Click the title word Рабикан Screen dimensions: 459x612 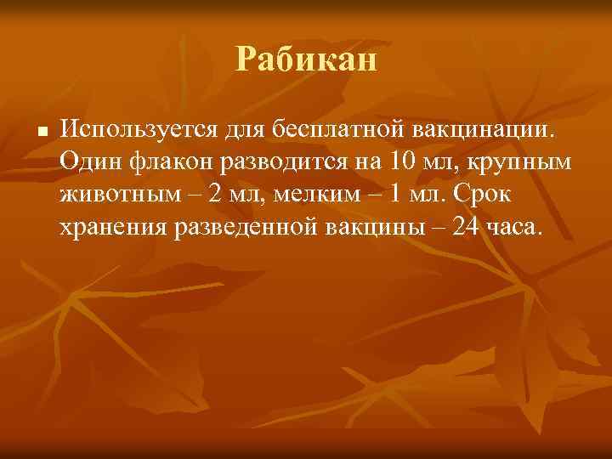pyautogui.click(x=306, y=60)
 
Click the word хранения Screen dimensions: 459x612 pyautogui.click(x=113, y=227)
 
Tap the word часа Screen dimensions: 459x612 pyautogui.click(x=513, y=227)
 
